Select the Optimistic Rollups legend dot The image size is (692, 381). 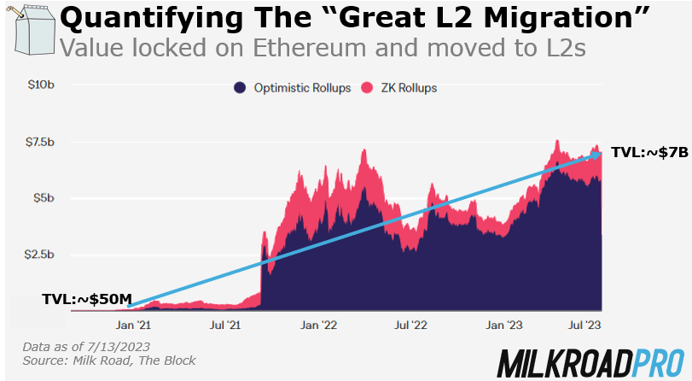[241, 87]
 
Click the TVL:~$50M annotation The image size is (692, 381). [88, 299]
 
